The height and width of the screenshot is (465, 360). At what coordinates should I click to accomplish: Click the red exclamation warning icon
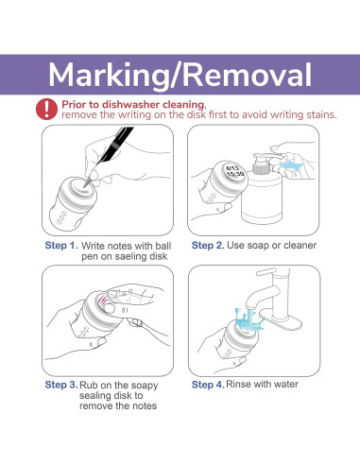46,109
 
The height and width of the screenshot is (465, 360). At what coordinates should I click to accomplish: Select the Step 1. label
61,245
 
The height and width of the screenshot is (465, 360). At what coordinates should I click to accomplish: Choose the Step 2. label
208,245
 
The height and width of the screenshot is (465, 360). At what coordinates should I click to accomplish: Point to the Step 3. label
61,385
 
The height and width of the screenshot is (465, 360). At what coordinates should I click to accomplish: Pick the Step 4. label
208,385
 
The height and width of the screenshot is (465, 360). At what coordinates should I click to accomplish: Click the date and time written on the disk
234,170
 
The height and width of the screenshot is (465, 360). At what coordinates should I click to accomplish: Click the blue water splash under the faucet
249,319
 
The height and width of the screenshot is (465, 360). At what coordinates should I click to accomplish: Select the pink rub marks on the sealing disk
102,301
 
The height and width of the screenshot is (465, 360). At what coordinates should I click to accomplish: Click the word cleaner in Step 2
300,245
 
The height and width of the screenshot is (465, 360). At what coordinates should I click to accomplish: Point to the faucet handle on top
266,271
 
